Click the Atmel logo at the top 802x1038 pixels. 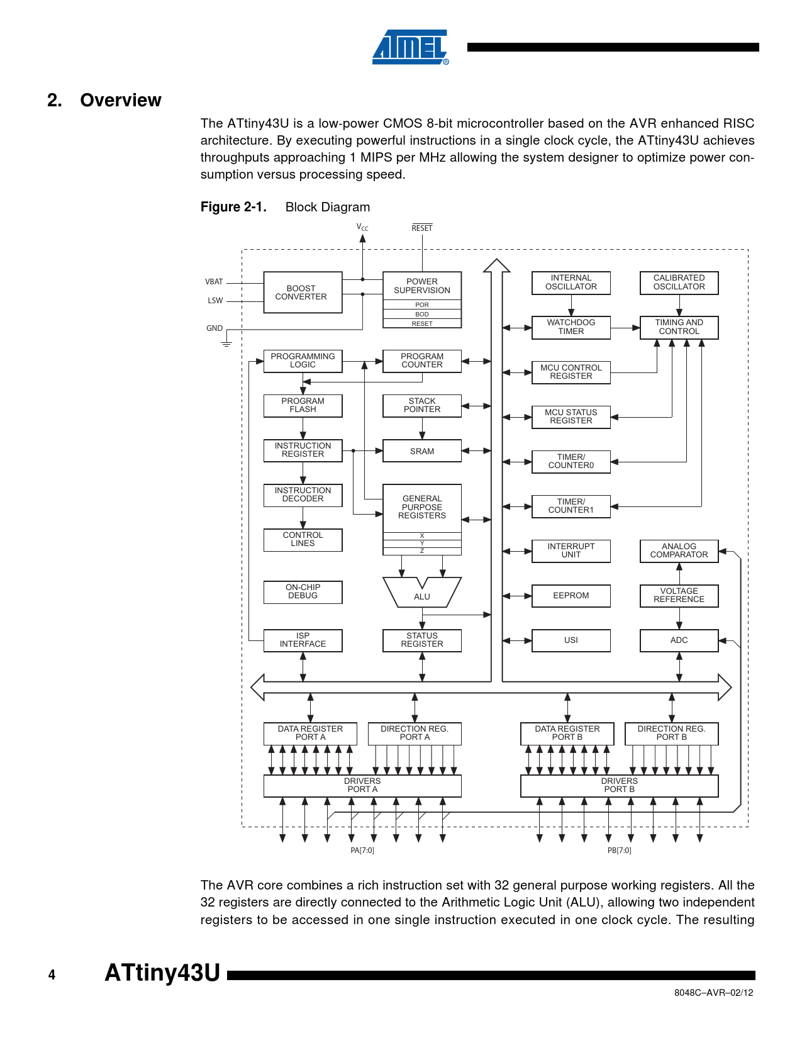(410, 47)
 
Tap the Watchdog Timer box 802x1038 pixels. (571, 327)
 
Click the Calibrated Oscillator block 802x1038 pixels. (679, 282)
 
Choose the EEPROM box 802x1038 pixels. (571, 596)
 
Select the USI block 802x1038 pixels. (571, 640)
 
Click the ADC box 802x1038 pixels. (679, 640)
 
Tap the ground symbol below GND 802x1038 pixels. (226, 343)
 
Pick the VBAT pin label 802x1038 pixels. (214, 282)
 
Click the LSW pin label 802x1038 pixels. (215, 301)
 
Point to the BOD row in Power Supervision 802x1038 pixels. (422, 314)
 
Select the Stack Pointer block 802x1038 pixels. (422, 406)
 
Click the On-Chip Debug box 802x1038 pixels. (303, 592)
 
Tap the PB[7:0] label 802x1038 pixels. (619, 851)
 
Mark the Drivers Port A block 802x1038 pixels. (362, 786)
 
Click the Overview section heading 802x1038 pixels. (104, 101)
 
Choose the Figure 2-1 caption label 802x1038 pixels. (233, 207)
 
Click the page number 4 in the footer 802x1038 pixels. (52, 975)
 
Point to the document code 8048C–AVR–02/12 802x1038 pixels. (713, 993)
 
